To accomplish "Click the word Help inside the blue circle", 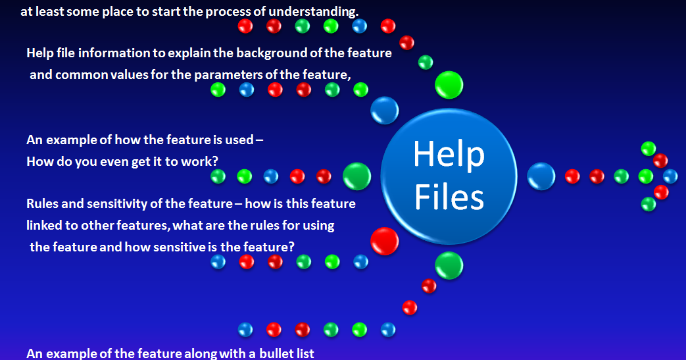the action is coord(449,155).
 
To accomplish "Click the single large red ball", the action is coord(384,241).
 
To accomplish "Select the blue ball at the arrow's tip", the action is coord(670,176).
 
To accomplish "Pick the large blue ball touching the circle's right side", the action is coord(541,176).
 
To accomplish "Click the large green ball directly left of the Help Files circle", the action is coord(356,176).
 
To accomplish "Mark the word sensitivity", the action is coord(105,204).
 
